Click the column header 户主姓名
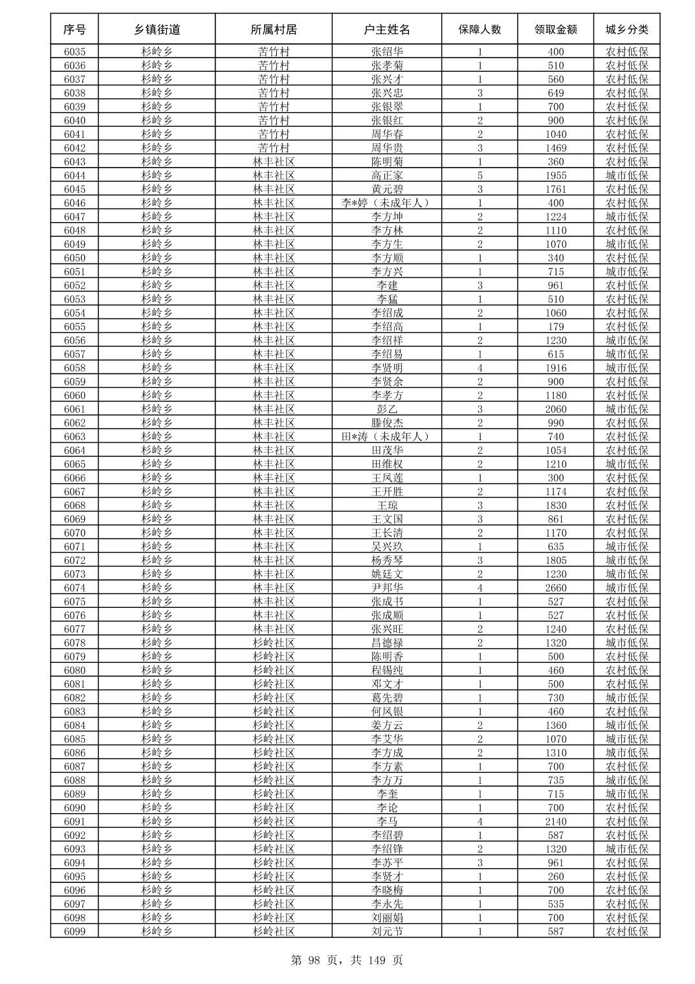coord(387,30)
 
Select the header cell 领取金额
coord(555,30)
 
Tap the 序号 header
coord(74,30)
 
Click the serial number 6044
coord(74,175)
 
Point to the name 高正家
coord(387,175)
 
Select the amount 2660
coord(555,588)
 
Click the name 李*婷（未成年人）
coord(387,203)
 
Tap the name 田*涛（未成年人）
coord(387,436)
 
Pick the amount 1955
coord(555,175)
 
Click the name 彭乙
coord(387,409)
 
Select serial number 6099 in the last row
coord(74,932)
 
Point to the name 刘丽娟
coord(387,918)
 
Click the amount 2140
coord(555,822)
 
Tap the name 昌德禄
coord(387,643)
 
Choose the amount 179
coord(555,326)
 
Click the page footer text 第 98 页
coord(314,960)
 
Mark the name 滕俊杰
coord(387,423)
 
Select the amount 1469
coord(555,148)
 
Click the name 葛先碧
coord(387,698)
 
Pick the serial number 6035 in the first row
coord(74,52)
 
